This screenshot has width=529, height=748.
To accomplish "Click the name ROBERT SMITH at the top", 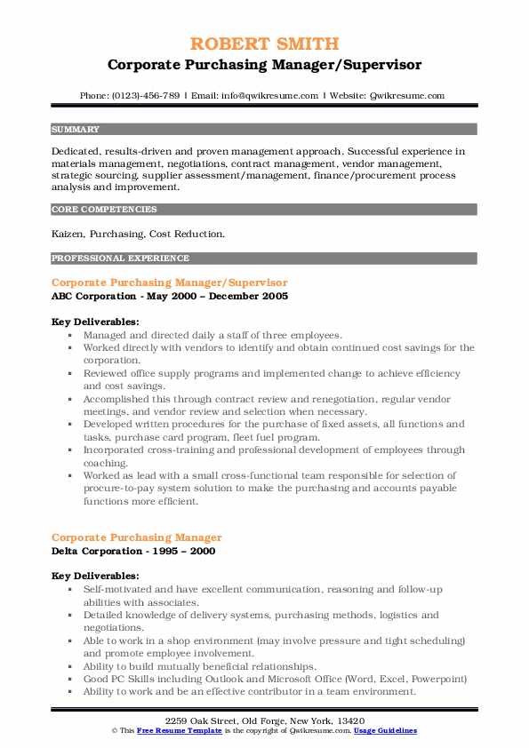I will click(264, 44).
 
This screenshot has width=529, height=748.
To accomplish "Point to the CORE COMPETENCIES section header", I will click(104, 210).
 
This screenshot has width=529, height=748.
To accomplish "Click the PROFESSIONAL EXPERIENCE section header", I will click(120, 259).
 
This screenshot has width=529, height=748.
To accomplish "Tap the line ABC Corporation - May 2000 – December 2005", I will click(170, 295).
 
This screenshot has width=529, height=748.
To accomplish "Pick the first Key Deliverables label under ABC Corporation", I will click(95, 322).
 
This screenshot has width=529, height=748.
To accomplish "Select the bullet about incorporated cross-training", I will click(274, 457).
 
